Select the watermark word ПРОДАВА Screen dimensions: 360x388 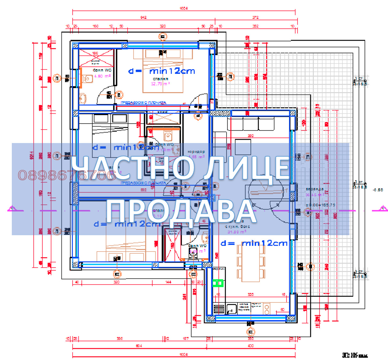pos(181,212)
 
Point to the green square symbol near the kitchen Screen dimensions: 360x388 pos(219,283)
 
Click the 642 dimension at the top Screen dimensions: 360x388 pos(144,18)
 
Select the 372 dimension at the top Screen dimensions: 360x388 pos(255,18)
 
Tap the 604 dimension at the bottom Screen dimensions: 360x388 pos(139,346)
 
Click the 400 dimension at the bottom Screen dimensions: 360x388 pos(251,346)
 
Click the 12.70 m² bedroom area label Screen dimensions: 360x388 pos(160,84)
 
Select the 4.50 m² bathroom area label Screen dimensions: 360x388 pos(102,76)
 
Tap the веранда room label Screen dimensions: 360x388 pos(314,189)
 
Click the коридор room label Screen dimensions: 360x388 pos(196,152)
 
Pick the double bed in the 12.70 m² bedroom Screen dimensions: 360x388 pos(163,71)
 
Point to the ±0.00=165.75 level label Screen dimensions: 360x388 pos(320,205)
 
